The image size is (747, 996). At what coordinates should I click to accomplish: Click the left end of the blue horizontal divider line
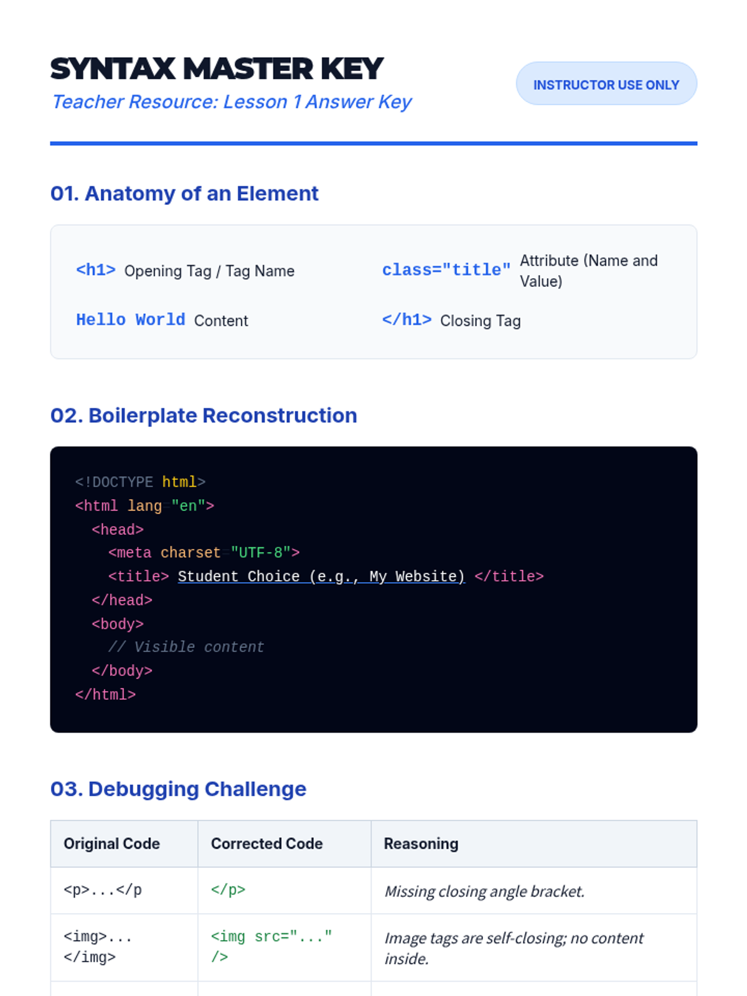click(50, 143)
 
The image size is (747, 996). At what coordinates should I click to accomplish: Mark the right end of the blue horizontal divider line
click(697, 143)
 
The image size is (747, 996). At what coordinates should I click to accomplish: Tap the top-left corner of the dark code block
click(50, 446)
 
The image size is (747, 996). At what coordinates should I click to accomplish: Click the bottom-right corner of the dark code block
click(697, 732)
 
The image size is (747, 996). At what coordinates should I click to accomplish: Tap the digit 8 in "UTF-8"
click(278, 553)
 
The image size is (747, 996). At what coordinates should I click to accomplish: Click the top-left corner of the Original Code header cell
click(51, 820)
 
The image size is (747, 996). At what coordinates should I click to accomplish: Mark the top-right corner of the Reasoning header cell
click(697, 820)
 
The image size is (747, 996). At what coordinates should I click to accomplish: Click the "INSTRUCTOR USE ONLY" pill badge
click(606, 84)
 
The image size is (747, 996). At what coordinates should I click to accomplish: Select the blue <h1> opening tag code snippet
click(96, 270)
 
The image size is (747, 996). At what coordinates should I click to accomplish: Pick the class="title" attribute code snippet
click(446, 270)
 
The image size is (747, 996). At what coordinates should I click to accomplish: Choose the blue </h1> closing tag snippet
click(407, 320)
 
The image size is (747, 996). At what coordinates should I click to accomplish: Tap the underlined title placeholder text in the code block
click(321, 576)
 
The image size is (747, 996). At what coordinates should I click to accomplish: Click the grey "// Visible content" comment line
click(186, 647)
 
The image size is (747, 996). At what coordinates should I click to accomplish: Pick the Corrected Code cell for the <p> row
click(284, 890)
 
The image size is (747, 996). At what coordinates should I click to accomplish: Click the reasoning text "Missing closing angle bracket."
click(484, 891)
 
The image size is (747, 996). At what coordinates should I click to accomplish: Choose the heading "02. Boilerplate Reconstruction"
click(204, 416)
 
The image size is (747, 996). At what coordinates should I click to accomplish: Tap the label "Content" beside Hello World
click(221, 321)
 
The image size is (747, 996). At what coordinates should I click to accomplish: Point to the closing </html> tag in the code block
click(106, 695)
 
